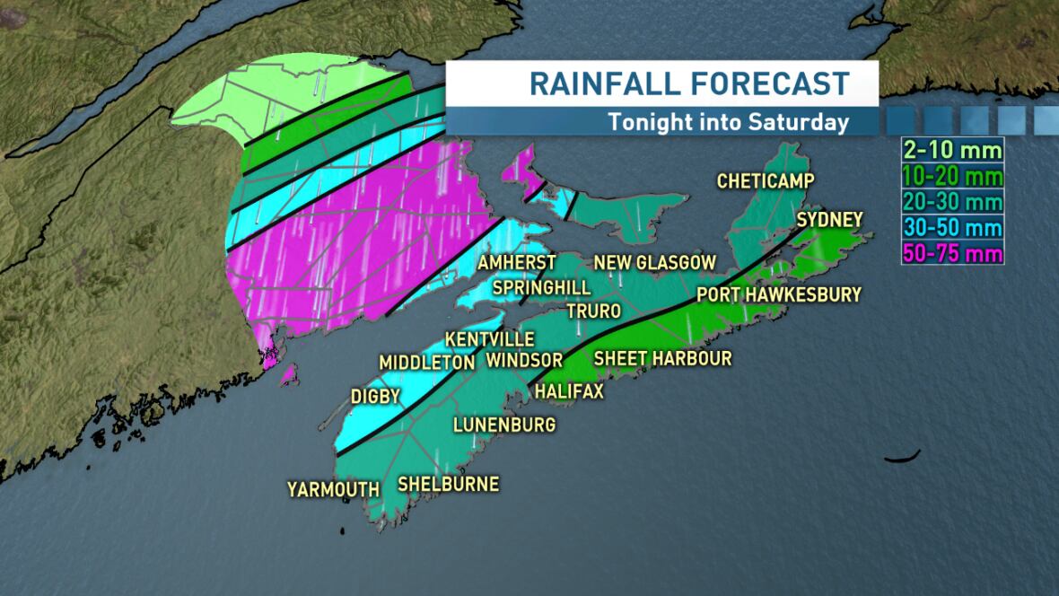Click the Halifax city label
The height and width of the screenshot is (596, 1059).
coord(569,391)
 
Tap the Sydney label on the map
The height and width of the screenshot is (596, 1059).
coord(829,220)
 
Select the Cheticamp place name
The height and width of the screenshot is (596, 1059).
coord(766,181)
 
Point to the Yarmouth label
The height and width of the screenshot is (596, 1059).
coord(333,489)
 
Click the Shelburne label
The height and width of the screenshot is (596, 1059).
coord(448,484)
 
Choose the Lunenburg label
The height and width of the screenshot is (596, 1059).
coord(504,424)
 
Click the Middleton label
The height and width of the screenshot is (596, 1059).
coord(426,363)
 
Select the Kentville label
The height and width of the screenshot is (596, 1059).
coord(490,339)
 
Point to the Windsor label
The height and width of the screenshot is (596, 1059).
coord(524,360)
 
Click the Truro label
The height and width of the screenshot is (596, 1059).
coord(593,311)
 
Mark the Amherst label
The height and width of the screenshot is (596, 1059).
coord(517,263)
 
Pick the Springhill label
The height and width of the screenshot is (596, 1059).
coord(541,287)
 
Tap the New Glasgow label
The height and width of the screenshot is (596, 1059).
coord(655,263)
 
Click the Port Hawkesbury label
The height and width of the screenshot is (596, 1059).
coord(778,294)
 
